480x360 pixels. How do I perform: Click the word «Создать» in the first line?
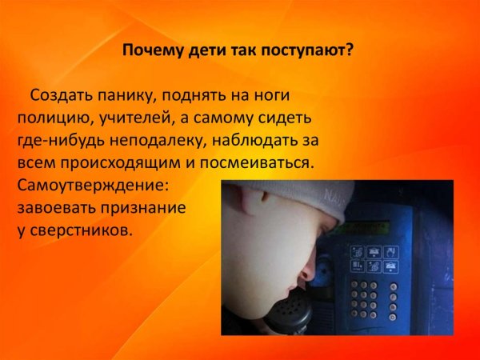pyautogui.click(x=61, y=96)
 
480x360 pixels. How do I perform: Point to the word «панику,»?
pyautogui.click(x=130, y=96)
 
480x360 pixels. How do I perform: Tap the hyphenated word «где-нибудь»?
pyautogui.click(x=56, y=141)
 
